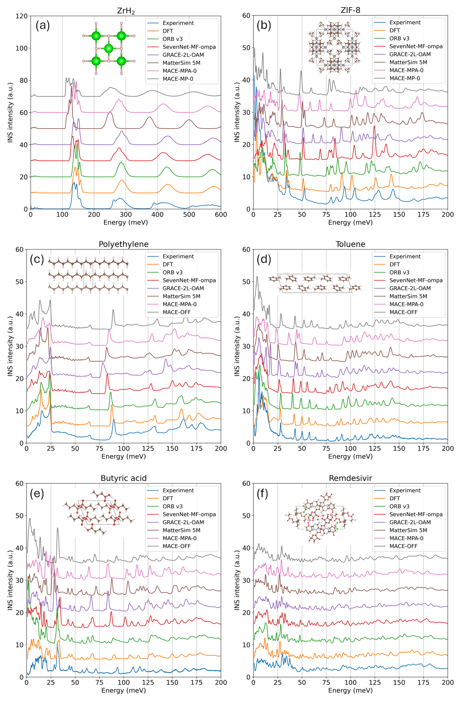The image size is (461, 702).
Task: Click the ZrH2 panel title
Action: tap(126, 11)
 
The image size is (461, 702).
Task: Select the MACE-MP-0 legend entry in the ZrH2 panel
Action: tap(178, 79)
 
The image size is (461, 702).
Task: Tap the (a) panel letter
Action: tap(42, 25)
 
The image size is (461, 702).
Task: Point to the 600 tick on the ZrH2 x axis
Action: tap(221, 214)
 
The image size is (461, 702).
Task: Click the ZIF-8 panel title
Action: tap(350, 10)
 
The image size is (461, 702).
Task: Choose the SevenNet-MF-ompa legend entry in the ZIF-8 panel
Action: tap(416, 46)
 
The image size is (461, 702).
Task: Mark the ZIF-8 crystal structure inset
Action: tap(334, 47)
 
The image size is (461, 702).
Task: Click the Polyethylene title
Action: tap(123, 244)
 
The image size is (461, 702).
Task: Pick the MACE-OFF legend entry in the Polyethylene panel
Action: tap(177, 312)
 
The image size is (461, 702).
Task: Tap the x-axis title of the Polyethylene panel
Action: tap(123, 456)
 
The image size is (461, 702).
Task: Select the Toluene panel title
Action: tap(350, 244)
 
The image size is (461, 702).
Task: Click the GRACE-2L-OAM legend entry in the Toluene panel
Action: tap(410, 288)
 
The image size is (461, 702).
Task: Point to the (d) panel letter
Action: tap(264, 259)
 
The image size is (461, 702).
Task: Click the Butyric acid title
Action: tap(123, 478)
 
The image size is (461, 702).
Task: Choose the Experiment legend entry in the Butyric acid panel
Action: tap(178, 491)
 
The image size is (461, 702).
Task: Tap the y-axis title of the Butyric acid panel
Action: tap(10, 580)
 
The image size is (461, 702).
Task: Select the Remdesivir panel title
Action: tap(350, 478)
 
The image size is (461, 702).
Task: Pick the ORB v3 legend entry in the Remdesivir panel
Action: tap(399, 506)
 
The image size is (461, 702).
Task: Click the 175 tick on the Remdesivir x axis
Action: tap(423, 682)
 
